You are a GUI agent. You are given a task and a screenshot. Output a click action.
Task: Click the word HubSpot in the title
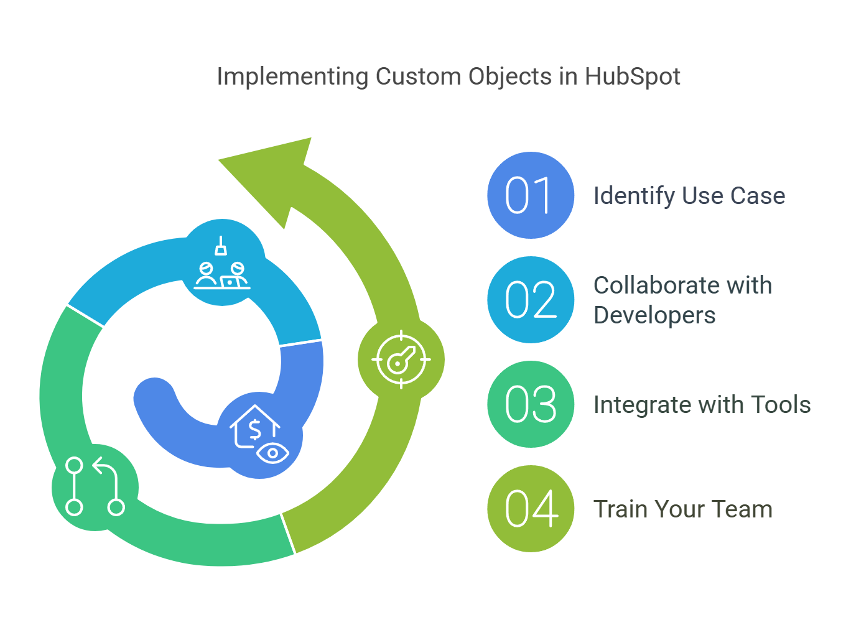632,76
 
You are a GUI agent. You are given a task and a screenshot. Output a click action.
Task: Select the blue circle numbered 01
530,195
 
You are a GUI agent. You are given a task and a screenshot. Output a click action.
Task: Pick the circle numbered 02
530,300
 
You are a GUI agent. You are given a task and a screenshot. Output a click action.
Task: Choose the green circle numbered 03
530,404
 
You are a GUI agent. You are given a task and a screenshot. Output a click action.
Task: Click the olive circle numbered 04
530,509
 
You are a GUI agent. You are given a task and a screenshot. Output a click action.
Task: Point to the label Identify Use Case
689,196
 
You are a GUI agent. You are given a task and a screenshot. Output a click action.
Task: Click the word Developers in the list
654,315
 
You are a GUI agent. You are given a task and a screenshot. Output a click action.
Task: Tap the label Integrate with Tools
702,405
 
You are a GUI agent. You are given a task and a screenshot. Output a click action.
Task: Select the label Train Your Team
682,509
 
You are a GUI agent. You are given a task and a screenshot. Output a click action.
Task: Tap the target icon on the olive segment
401,359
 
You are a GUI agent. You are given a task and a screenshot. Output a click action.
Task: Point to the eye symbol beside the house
272,453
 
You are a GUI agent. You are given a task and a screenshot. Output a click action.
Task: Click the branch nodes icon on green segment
95,487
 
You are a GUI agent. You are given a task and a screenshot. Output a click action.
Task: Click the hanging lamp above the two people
221,246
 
